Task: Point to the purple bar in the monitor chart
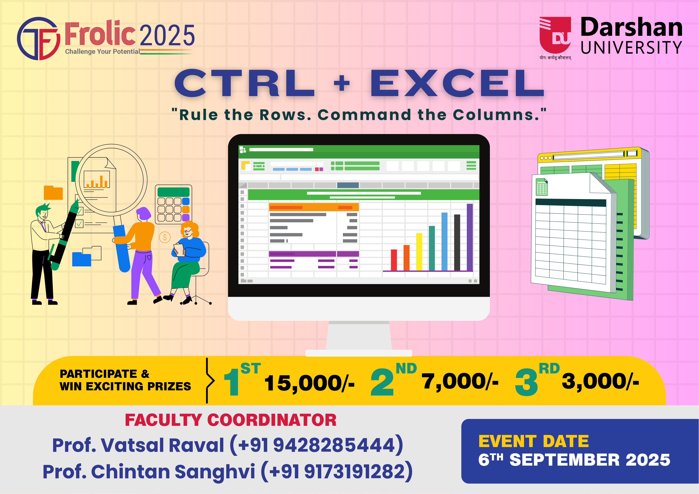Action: (470, 237)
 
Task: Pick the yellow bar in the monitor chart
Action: (419, 252)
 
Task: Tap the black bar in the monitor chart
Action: (457, 243)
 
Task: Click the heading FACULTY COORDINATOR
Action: (231, 420)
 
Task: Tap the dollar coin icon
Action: (165, 237)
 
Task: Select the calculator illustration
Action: (174, 204)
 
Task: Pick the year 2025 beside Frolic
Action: (167, 35)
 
